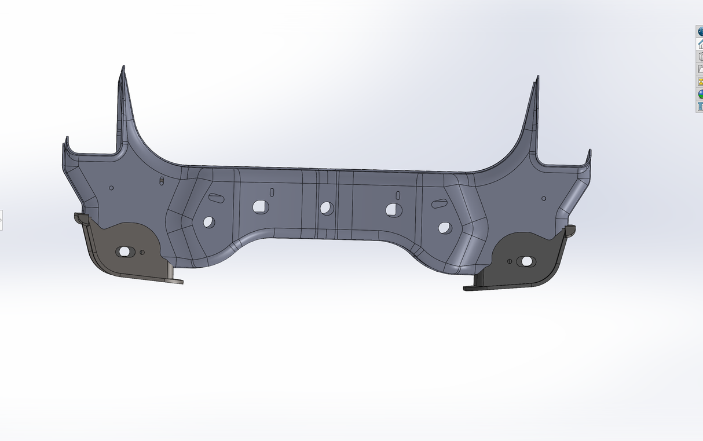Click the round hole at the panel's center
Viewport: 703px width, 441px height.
[x=327, y=208]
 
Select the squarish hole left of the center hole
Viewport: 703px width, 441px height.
[x=259, y=206]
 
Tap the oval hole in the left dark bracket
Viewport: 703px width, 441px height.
[x=123, y=252]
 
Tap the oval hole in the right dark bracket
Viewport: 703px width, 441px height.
[x=526, y=261]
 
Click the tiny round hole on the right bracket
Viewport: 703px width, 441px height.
[x=509, y=261]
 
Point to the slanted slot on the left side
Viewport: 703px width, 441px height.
[x=216, y=198]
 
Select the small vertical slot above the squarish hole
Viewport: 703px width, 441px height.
[x=271, y=191]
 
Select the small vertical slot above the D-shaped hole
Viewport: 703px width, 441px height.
[x=398, y=194]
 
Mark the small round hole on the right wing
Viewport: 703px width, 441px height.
[x=544, y=199]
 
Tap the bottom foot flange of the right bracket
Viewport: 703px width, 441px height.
[x=470, y=287]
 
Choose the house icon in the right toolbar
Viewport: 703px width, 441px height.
[x=700, y=43]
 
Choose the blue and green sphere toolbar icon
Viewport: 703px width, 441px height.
[x=700, y=94]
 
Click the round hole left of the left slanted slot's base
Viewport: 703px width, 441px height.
[x=208, y=221]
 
